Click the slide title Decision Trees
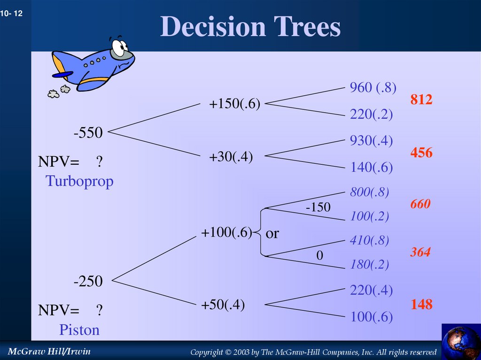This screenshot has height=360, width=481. pos(250,27)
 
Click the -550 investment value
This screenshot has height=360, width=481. pos(88,133)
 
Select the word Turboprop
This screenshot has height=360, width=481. pos(79,181)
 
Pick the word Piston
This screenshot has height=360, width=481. pos(79,330)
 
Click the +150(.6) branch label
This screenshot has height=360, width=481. pos(234,104)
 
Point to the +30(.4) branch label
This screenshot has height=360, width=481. pos(231,158)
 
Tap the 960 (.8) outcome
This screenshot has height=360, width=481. pos(373,87)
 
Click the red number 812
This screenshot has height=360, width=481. pos(421,100)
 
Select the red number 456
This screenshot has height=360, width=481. pos(421,153)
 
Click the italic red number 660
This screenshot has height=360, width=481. pos(420,204)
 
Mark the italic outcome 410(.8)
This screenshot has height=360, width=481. pos(370,241)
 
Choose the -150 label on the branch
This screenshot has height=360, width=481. pos(318,207)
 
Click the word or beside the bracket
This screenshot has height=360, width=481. pos(272,233)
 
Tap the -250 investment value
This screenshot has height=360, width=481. pos(88,282)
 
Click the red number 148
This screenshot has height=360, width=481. pos(421,305)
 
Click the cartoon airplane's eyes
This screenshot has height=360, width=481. pos(120,47)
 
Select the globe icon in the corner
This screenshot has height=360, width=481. pos(461,342)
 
